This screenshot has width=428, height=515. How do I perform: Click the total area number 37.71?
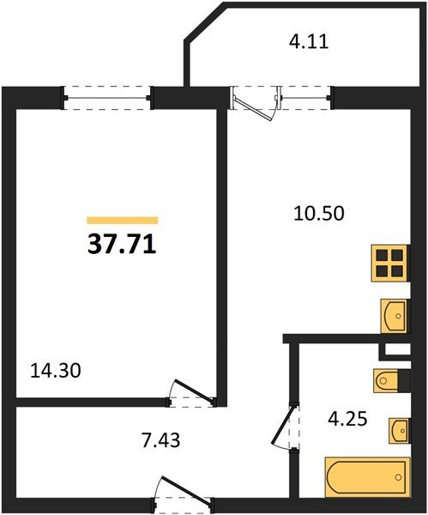click(122, 245)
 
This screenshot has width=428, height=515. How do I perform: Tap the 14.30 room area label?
click(56, 371)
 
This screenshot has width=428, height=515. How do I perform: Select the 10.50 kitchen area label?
click(319, 214)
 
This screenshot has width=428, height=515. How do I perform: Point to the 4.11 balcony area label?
click(309, 42)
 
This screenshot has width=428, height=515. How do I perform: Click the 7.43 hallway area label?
click(161, 440)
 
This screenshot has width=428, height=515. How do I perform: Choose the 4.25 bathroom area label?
click(347, 419)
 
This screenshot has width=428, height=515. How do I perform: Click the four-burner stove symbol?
click(390, 264)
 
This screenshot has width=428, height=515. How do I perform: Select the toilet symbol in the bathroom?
click(386, 380)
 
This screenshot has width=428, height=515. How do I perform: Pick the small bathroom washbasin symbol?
click(400, 431)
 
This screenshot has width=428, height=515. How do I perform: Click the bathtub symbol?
click(367, 476)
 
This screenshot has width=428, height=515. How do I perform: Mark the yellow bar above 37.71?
click(123, 220)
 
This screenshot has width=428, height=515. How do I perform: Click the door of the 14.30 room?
click(191, 393)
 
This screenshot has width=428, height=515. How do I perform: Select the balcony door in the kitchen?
click(255, 102)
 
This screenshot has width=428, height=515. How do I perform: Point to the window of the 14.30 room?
click(107, 98)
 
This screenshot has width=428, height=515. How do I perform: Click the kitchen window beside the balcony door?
click(306, 98)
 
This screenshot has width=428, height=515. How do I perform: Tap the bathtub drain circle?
click(399, 477)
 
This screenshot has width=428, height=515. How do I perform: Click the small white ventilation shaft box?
click(397, 349)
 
